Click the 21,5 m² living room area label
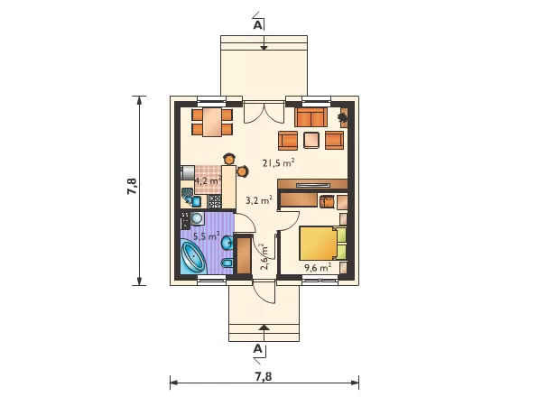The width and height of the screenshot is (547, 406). [x=278, y=163]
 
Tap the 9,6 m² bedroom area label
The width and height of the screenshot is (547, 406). [x=318, y=268]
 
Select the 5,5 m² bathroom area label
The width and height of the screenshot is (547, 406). [x=207, y=236]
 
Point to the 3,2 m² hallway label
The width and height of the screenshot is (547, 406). [x=259, y=200]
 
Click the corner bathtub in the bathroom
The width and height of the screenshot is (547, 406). [x=193, y=257]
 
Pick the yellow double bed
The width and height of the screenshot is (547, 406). [x=323, y=244]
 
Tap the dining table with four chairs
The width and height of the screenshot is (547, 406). [x=212, y=122]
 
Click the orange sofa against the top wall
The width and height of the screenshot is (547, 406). [x=311, y=117]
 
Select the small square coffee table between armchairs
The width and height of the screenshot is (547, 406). [x=311, y=140]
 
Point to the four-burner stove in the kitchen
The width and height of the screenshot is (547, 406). [x=215, y=201]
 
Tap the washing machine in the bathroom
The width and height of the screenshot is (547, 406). [x=197, y=218]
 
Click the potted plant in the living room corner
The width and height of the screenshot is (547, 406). [x=343, y=117]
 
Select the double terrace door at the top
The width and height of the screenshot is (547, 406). [x=264, y=112]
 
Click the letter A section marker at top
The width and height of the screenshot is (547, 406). [x=257, y=25]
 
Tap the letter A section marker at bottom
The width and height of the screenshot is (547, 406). [x=257, y=348]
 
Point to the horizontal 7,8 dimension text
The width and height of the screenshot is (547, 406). [x=264, y=376]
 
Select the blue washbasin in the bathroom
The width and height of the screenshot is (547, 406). [x=228, y=242]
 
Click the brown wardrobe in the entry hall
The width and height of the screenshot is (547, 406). [x=244, y=255]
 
